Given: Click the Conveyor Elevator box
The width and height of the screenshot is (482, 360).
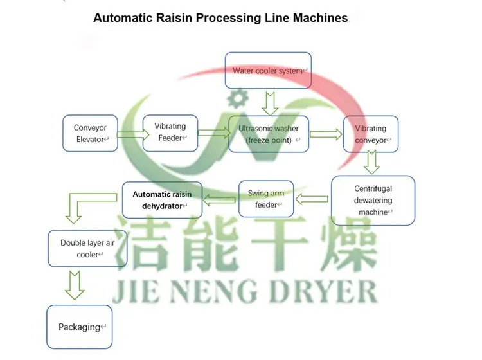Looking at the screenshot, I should pos(91,134).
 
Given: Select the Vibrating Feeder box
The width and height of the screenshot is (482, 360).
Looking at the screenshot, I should pos(170,132).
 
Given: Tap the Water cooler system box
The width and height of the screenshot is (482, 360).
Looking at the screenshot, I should pos(268,71).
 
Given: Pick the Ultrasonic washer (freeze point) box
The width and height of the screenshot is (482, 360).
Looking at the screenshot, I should pos(269,134).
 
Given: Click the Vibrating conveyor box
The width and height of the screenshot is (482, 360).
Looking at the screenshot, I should pos(371,134).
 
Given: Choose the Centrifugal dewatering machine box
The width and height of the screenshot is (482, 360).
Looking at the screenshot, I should pos(373,201).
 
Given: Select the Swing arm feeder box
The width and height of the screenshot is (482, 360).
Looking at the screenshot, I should pos(266,199).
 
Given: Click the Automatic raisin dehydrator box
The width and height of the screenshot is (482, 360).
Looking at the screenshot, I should pos(162,199).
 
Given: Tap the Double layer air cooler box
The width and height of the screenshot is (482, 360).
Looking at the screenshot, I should pos(87,249).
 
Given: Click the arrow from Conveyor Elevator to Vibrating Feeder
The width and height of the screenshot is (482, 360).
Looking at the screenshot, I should pos(130,134).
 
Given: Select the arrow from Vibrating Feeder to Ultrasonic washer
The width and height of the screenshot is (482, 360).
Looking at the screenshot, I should pos(213,133).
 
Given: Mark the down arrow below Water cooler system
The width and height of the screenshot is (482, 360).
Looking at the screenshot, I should pos(269,102).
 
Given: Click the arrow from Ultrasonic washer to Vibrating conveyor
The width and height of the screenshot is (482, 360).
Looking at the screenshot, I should pos(326,134).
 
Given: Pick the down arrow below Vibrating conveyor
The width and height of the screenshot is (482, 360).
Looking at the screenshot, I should pos(371,163).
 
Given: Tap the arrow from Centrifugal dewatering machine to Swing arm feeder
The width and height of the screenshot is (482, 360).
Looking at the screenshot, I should pos(312,199).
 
